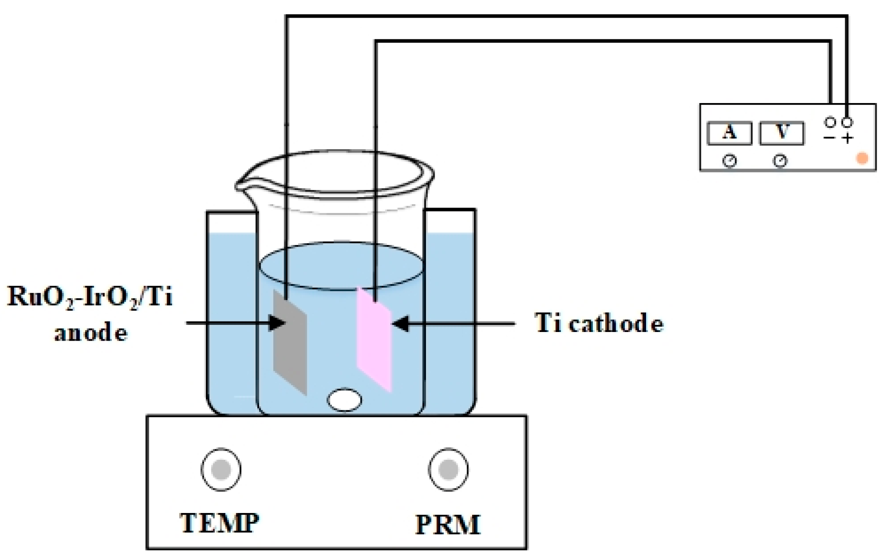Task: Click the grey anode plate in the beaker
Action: coord(290,342)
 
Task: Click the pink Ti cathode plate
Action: coord(374,340)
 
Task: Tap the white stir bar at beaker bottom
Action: coord(344,399)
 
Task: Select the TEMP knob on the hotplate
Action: coord(221,469)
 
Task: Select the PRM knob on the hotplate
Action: coord(448,469)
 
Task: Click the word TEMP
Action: coord(220,523)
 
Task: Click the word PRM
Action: coord(448,525)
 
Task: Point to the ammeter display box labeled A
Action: coord(729,133)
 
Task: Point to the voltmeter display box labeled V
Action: coord(782,133)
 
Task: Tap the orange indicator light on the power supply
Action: coord(862,158)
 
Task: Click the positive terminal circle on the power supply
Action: coord(847,123)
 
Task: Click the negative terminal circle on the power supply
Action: coord(830,123)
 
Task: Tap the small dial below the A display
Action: coord(729,161)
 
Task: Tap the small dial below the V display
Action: coord(780,161)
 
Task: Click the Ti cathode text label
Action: coord(599,323)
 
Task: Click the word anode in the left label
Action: coord(90,332)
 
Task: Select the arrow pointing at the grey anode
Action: coord(233,323)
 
